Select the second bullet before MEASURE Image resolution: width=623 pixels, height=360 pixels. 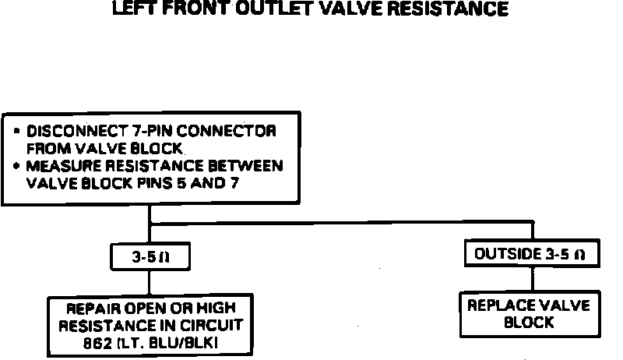pyautogui.click(x=17, y=166)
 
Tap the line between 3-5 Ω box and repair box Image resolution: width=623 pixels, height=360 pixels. pyautogui.click(x=149, y=282)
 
